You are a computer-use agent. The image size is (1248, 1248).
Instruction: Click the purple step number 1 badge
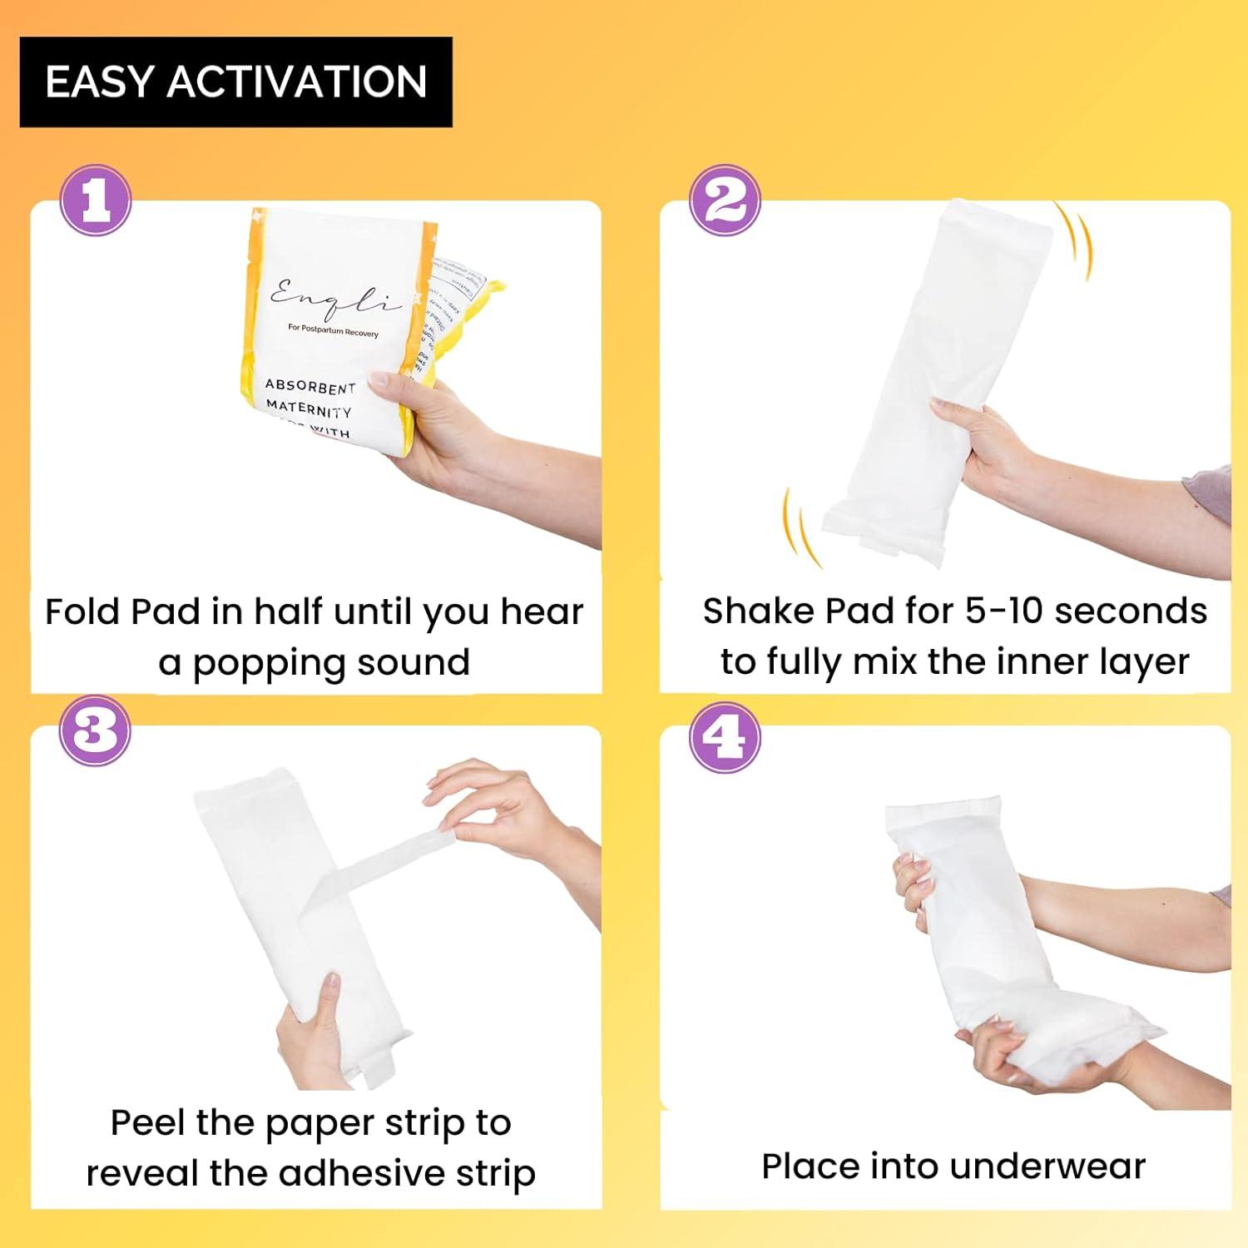pos(96,201)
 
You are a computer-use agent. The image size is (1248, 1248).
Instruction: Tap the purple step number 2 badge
pos(726,201)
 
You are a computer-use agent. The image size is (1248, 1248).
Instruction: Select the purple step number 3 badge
pos(96,730)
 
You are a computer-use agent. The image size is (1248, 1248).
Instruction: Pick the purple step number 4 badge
pos(726,735)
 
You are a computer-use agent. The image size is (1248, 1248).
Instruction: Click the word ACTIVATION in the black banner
pos(297,82)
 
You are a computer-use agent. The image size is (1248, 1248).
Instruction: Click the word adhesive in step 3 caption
pos(362,1173)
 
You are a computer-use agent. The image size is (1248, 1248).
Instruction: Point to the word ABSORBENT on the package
pos(310,387)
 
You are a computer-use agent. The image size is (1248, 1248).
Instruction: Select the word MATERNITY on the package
pos(309,409)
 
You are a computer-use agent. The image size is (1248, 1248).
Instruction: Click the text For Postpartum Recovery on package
pos(333,331)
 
